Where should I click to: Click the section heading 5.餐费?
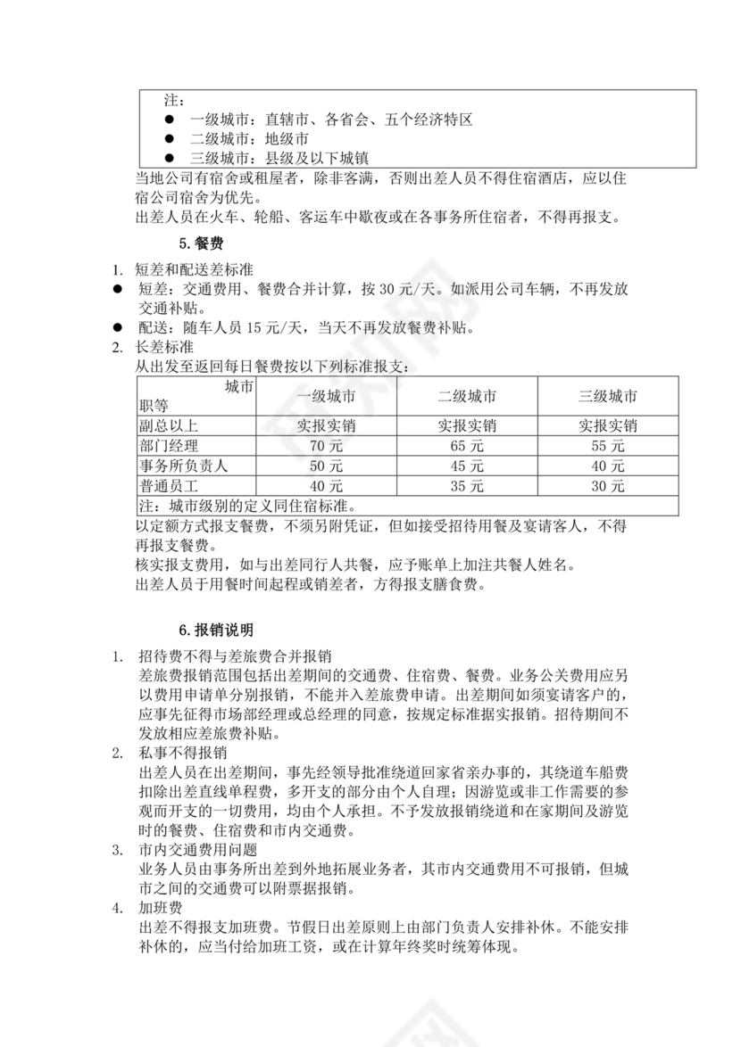197,243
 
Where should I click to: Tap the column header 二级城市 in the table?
467,397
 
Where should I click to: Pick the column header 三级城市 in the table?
608,397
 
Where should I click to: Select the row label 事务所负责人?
182,466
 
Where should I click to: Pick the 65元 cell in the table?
467,446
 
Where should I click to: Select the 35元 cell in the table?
467,487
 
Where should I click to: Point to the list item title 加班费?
161,909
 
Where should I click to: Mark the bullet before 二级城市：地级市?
168,139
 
